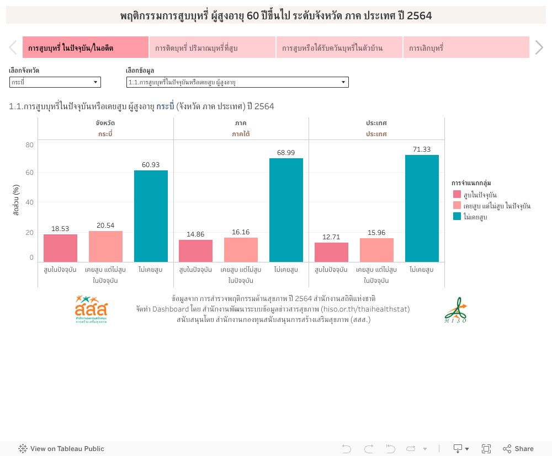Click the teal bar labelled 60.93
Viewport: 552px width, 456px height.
(151, 216)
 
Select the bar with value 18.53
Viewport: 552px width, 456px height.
(60, 248)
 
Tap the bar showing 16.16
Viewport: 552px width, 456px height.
(241, 250)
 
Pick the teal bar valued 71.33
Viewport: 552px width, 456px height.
(422, 208)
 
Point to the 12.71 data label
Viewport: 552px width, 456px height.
(331, 237)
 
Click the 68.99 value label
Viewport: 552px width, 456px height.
(286, 153)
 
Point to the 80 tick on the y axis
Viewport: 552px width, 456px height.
(29, 145)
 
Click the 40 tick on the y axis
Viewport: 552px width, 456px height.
(29, 202)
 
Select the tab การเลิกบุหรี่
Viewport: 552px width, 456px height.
(466, 48)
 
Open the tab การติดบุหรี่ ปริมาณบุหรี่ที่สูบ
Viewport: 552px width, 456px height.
(213, 48)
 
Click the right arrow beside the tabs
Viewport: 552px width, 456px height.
(539, 48)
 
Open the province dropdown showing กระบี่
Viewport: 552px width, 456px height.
(55, 82)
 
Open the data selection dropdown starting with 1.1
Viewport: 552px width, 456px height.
(237, 82)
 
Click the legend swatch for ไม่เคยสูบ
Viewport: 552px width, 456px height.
(457, 216)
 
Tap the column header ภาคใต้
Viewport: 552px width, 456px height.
(241, 134)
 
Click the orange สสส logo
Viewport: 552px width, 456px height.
(91, 309)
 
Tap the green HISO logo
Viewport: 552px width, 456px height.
(455, 310)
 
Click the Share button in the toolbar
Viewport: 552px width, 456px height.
(518, 449)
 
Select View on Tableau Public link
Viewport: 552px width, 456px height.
(61, 449)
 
